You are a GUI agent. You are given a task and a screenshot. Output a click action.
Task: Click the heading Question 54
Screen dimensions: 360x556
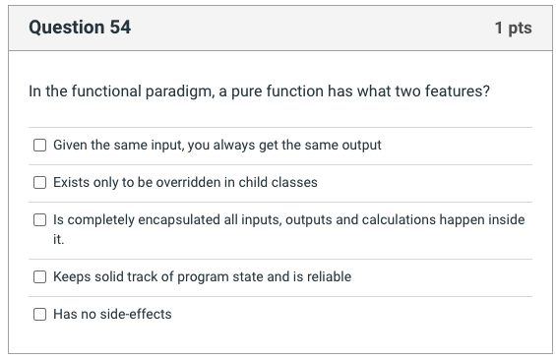point(80,28)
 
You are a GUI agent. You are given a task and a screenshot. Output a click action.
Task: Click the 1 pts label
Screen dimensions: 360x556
point(513,28)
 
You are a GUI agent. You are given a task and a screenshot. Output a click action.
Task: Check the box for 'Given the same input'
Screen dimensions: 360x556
point(39,145)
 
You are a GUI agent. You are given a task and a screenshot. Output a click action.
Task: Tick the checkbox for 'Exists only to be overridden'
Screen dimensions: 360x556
point(39,182)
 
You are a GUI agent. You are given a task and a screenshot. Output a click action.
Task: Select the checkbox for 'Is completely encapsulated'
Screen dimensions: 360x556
point(39,219)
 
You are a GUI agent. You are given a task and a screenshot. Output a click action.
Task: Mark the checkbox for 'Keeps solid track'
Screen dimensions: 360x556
point(39,276)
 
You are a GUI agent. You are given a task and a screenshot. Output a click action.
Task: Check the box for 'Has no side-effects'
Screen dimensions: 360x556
point(39,314)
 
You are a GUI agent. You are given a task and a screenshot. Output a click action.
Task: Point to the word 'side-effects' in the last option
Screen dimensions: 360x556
point(135,314)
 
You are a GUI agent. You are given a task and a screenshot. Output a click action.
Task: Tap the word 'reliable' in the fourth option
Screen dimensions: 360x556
point(326,276)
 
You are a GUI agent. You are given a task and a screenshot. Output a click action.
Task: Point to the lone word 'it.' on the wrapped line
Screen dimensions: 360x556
point(58,238)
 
